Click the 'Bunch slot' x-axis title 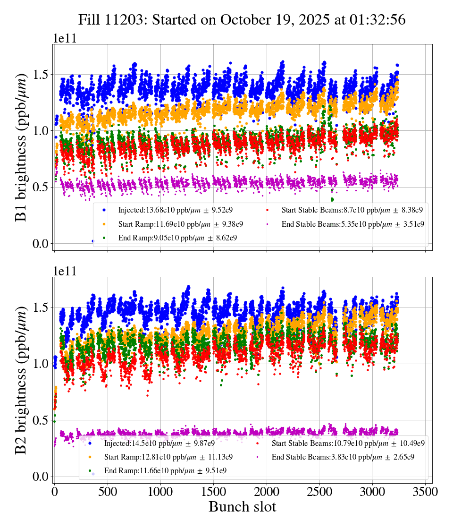242,507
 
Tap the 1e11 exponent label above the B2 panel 64,271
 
